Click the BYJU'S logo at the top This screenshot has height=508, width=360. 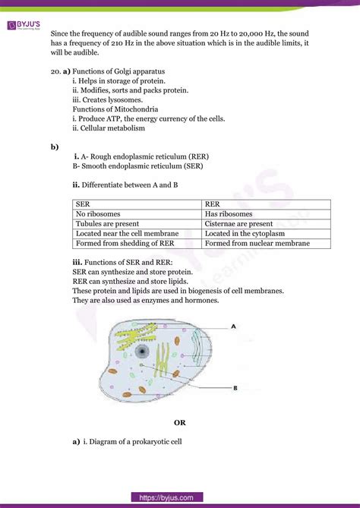coord(23,26)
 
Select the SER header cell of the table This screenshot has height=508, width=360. coord(82,204)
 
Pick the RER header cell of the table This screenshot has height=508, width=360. coord(212,204)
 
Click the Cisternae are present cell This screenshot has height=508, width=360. coord(238,224)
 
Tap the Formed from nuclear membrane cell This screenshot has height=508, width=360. coord(257,244)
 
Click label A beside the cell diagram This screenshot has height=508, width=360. coord(234,326)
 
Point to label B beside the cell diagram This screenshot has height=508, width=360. coord(236,387)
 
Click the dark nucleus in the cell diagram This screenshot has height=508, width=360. coord(142,351)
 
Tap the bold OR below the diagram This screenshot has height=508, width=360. coord(180,423)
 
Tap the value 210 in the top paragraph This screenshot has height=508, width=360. coord(115,44)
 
